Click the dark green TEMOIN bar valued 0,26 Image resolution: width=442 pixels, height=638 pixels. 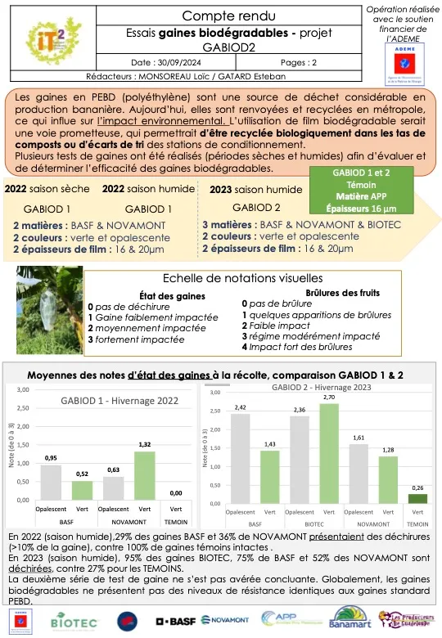tap(417, 498)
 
